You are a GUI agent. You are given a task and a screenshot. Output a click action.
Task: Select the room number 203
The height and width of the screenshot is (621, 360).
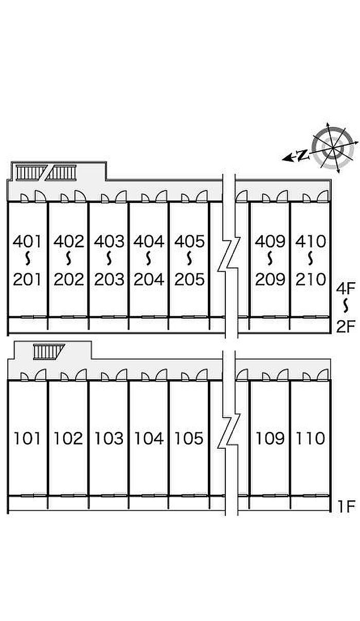pyautogui.click(x=109, y=280)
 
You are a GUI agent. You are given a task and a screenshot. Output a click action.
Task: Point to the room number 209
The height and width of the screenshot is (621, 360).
pyautogui.click(x=270, y=280)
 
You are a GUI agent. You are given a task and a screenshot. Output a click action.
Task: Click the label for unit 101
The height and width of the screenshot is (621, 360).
pyautogui.click(x=27, y=439)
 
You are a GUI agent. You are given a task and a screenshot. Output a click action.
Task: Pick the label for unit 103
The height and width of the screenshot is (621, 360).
pyautogui.click(x=109, y=439)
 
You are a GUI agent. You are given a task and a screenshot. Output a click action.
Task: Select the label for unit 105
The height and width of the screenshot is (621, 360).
pyautogui.click(x=189, y=439)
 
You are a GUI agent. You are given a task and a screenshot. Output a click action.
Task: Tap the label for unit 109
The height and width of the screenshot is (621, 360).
pyautogui.click(x=270, y=439)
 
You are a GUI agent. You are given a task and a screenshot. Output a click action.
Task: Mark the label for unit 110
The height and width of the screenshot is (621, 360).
pyautogui.click(x=310, y=439)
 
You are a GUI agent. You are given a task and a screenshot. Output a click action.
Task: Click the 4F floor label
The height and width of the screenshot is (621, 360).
pyautogui.click(x=346, y=289)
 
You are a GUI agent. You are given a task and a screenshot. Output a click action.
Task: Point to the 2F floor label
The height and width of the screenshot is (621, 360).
pyautogui.click(x=346, y=326)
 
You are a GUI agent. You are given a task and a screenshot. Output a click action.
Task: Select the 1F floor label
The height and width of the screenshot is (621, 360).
pyautogui.click(x=346, y=506)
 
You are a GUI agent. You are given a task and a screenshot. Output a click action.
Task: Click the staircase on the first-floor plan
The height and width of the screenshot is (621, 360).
pyautogui.click(x=49, y=352)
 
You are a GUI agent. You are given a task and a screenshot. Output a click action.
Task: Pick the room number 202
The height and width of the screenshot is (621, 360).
pyautogui.click(x=68, y=280)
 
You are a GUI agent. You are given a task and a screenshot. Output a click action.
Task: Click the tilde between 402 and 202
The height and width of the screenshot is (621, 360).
pyautogui.click(x=68, y=259)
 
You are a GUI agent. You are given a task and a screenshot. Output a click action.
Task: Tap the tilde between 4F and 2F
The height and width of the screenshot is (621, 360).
pyautogui.click(x=346, y=306)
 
